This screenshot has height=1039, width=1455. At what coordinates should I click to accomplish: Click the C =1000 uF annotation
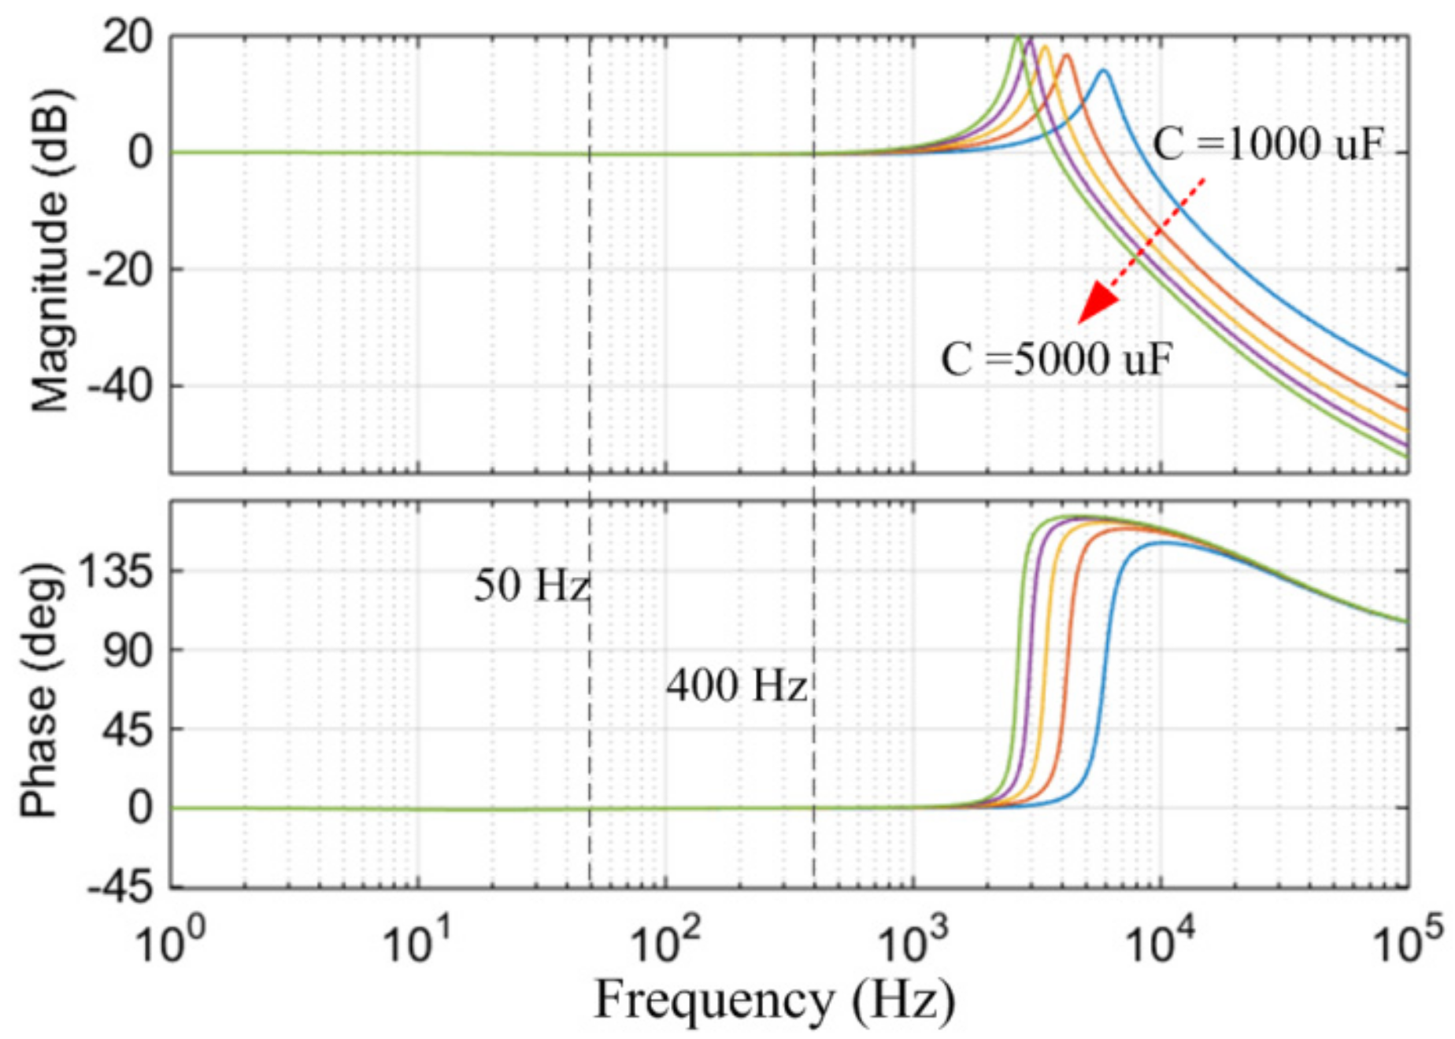click(x=1267, y=145)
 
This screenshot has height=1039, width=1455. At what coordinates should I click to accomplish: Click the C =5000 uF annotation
click(x=1057, y=360)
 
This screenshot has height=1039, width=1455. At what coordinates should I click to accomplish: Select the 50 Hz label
click(x=531, y=586)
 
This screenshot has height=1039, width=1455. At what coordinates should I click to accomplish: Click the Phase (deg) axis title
click(x=39, y=691)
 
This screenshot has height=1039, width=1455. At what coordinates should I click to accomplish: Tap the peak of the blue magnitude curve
click(x=1104, y=71)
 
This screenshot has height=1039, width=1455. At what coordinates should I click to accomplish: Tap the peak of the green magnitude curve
click(x=1018, y=37)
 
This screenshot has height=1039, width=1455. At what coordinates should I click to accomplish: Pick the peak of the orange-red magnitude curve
click(x=1068, y=55)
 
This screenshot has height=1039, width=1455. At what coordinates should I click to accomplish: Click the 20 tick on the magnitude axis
click(x=128, y=37)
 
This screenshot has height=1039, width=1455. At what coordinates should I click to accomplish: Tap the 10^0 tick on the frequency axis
click(x=170, y=942)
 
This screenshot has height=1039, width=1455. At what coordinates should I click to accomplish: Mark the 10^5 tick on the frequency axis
click(x=1408, y=942)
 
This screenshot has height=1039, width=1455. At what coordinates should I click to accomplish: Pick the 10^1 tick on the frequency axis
click(x=417, y=942)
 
